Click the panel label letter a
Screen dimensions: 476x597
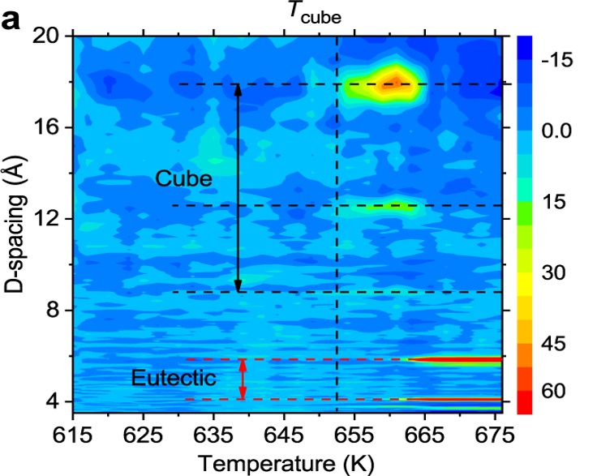(14, 18)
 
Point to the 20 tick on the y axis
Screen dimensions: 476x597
(50, 36)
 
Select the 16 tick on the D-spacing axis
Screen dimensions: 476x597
(50, 127)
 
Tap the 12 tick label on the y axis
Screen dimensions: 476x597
(50, 219)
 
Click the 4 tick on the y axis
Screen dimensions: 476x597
(57, 401)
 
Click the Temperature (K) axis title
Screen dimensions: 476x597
(286, 463)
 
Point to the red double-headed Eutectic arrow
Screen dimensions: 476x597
(242, 380)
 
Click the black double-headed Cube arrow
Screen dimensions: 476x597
(238, 187)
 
